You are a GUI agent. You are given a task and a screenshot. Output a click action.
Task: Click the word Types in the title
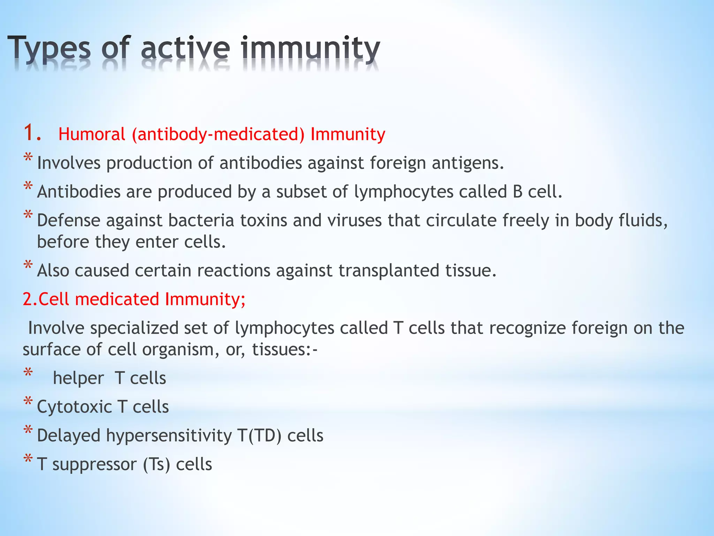(x=49, y=49)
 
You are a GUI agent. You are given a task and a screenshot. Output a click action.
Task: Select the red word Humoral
(x=92, y=134)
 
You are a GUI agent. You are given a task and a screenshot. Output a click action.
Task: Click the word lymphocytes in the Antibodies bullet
(x=403, y=192)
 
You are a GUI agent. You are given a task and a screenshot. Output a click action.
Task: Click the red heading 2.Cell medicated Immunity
(x=134, y=299)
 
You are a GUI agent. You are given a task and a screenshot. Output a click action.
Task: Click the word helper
(x=78, y=378)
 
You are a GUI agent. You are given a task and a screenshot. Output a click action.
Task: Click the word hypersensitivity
(x=169, y=436)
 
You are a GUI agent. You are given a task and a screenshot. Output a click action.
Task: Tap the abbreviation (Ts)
(x=157, y=464)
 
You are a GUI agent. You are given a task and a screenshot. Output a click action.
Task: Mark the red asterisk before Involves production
(x=28, y=158)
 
